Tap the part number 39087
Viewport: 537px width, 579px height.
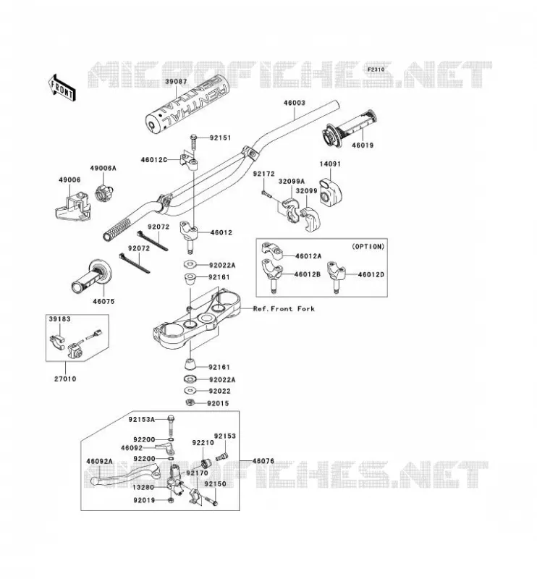pyautogui.click(x=176, y=81)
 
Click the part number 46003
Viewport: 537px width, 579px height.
pyautogui.click(x=295, y=103)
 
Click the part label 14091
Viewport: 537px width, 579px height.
pyautogui.click(x=330, y=164)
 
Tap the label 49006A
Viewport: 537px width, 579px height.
pyautogui.click(x=103, y=168)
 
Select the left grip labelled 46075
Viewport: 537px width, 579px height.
pyautogui.click(x=91, y=277)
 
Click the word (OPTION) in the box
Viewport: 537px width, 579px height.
pyautogui.click(x=368, y=246)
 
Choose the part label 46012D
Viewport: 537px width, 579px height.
pyautogui.click(x=371, y=274)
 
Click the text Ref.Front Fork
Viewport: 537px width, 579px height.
pyautogui.click(x=284, y=309)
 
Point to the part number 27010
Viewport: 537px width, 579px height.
pyautogui.click(x=65, y=379)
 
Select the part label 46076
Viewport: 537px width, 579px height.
pyautogui.click(x=263, y=461)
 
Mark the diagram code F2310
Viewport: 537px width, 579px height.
pyautogui.click(x=376, y=69)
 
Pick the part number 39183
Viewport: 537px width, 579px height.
pyautogui.click(x=59, y=318)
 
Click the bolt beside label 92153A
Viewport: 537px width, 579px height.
pyautogui.click(x=170, y=426)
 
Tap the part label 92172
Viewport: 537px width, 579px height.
pyautogui.click(x=263, y=174)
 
